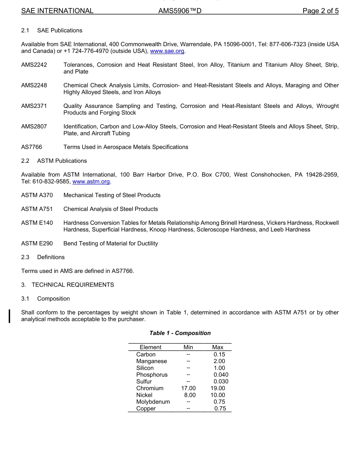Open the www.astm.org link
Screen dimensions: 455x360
(x=91, y=182)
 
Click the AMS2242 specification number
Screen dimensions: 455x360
(x=34, y=65)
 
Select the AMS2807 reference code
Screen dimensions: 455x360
(x=34, y=126)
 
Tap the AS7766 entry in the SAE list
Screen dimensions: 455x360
(x=32, y=147)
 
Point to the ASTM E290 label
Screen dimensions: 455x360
(x=37, y=243)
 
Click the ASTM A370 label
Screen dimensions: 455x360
(x=37, y=195)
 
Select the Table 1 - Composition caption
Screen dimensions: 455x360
(x=180, y=333)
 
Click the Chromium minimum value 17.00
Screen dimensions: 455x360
(x=188, y=388)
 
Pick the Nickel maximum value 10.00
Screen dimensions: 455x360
(x=218, y=395)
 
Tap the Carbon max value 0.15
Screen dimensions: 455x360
(x=219, y=355)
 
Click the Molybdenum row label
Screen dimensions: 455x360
(x=153, y=402)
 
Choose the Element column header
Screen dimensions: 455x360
(x=150, y=347)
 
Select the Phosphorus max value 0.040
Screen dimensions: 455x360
(x=221, y=375)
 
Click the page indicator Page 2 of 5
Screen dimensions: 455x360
(x=321, y=11)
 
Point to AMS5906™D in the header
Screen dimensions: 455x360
(x=180, y=11)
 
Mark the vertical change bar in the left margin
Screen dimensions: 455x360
(x=10, y=316)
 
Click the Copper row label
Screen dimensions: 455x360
(x=146, y=409)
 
